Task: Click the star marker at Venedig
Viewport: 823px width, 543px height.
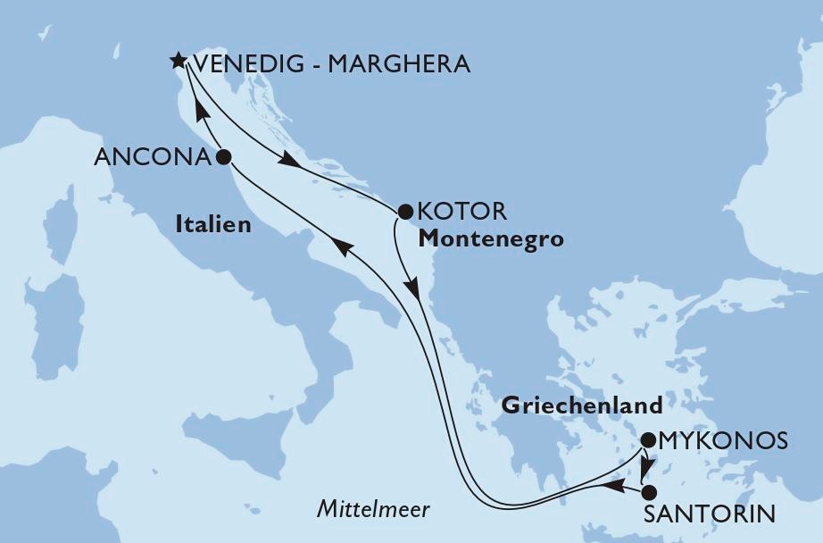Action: pos(178,62)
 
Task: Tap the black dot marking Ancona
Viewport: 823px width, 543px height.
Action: pos(223,157)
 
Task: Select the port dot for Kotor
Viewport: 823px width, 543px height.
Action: pos(403,213)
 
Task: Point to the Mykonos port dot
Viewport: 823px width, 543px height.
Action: pos(648,439)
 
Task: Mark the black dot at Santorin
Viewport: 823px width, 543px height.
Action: pos(648,492)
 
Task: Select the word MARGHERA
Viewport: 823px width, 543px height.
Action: pos(397,64)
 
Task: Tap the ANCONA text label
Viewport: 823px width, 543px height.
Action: pos(153,158)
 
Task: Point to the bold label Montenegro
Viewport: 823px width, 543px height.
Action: pos(490,239)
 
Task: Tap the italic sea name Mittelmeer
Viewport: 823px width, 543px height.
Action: pos(373,510)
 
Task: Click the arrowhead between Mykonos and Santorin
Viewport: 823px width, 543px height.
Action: pos(644,467)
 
